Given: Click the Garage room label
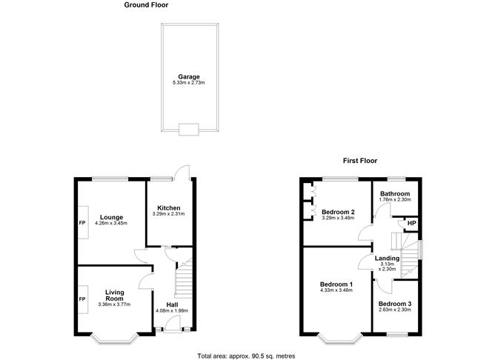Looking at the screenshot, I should [x=188, y=76].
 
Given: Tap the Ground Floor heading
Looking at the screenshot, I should [x=146, y=4].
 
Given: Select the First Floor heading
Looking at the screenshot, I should [x=360, y=160].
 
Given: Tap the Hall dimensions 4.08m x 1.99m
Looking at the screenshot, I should [x=171, y=310].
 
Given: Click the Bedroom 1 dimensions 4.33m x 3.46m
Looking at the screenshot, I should [x=336, y=292].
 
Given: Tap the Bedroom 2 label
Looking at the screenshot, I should [x=337, y=212].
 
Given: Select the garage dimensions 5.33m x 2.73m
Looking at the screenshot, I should [x=188, y=82].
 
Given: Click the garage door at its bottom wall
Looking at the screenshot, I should [x=188, y=130].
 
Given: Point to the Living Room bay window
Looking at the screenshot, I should [x=115, y=339].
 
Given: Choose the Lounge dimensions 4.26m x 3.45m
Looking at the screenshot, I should [x=113, y=223].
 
